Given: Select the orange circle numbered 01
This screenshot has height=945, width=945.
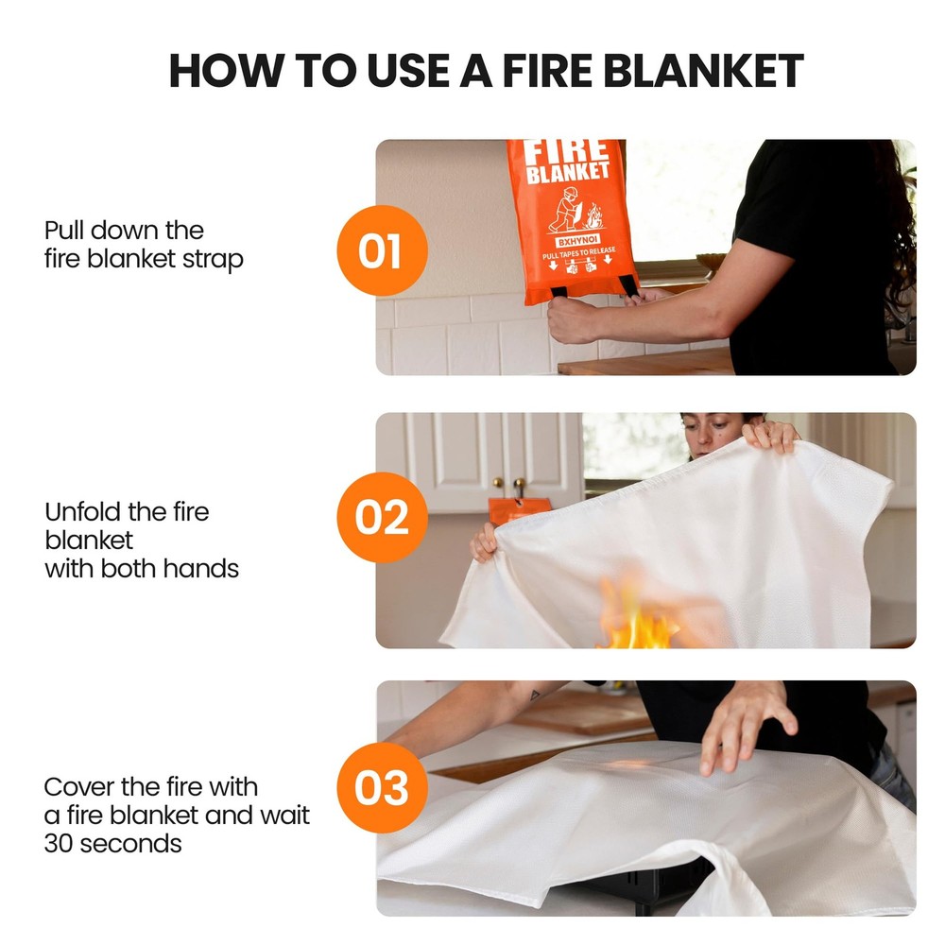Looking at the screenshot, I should [x=382, y=251].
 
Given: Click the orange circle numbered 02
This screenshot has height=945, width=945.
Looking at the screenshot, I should [x=382, y=518].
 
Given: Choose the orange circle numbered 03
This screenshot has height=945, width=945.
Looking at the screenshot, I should [x=382, y=787].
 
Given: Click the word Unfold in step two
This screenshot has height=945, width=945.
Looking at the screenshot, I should [x=83, y=512].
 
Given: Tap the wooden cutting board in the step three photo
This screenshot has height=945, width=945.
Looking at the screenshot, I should [x=586, y=711].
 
